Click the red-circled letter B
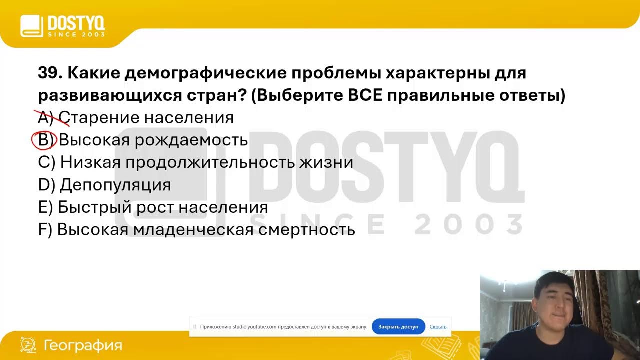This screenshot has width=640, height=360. [x=44, y=140]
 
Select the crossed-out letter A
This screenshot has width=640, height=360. [x=44, y=118]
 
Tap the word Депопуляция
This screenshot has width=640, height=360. [x=115, y=185]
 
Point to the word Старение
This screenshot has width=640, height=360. [x=99, y=118]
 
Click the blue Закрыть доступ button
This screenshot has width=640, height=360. [x=398, y=327]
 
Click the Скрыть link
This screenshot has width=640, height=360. [x=438, y=327]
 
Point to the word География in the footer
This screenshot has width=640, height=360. [x=83, y=345]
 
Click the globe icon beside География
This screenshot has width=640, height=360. [x=28, y=345]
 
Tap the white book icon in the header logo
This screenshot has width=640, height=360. [x=32, y=26]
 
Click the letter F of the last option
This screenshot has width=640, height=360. [x=42, y=230]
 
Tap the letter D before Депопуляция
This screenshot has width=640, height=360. [x=43, y=185]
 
